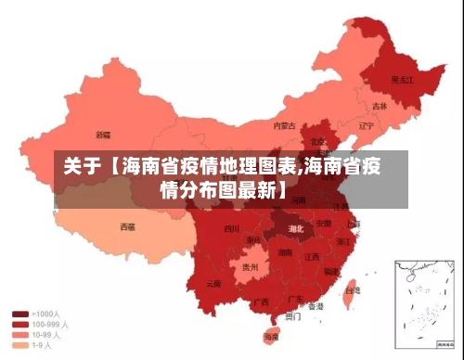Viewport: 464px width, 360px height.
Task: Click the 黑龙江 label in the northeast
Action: pyautogui.click(x=401, y=80)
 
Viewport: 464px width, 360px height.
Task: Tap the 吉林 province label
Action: pyautogui.click(x=380, y=106)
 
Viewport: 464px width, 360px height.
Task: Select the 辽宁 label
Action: pyautogui.click(x=367, y=125)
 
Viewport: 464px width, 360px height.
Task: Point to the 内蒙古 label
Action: pyautogui.click(x=284, y=125)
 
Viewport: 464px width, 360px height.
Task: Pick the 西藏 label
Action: pyautogui.click(x=127, y=225)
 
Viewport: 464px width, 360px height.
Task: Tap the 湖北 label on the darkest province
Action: pyautogui.click(x=295, y=227)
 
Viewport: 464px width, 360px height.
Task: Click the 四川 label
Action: pyautogui.click(x=232, y=227)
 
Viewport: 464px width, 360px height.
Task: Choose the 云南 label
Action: pyautogui.click(x=214, y=283)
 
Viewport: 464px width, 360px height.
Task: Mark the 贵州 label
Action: pyautogui.click(x=250, y=266)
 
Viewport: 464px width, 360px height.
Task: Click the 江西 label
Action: pyautogui.click(x=312, y=256)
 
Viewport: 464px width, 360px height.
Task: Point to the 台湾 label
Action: pyautogui.click(x=352, y=290)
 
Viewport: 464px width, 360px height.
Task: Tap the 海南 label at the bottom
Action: pyautogui.click(x=271, y=336)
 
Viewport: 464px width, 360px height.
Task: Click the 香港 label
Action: pyautogui.click(x=316, y=305)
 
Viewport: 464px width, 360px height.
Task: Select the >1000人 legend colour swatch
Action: pyautogui.click(x=19, y=314)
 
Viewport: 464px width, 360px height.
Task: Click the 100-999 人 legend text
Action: pyautogui.click(x=48, y=324)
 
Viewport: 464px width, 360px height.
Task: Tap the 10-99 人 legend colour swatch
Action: pyautogui.click(x=19, y=334)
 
